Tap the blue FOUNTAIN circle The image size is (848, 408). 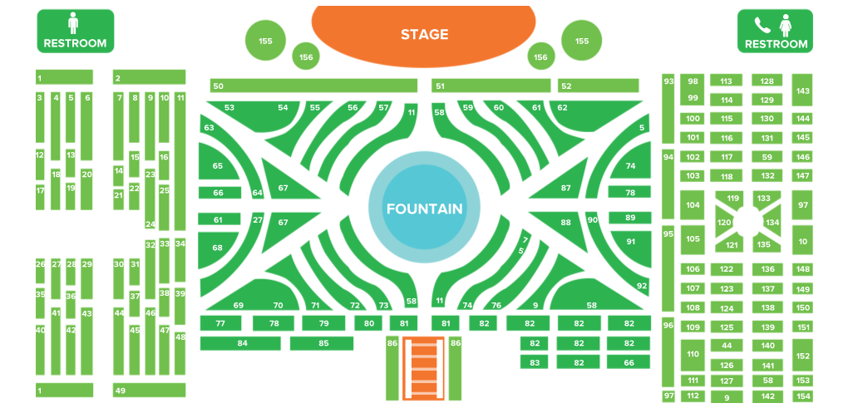424,208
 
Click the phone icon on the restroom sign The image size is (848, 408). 760,25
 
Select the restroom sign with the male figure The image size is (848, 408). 75,31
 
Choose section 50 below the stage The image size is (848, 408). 314,86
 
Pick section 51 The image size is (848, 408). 491,86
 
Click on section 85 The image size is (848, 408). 322,343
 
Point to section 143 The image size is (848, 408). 802,91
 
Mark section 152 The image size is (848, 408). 802,355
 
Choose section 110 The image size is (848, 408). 693,355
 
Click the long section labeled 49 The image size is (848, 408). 150,391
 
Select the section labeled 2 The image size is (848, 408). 150,77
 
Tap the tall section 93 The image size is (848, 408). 668,108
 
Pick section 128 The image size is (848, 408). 767,81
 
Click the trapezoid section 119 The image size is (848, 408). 732,199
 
